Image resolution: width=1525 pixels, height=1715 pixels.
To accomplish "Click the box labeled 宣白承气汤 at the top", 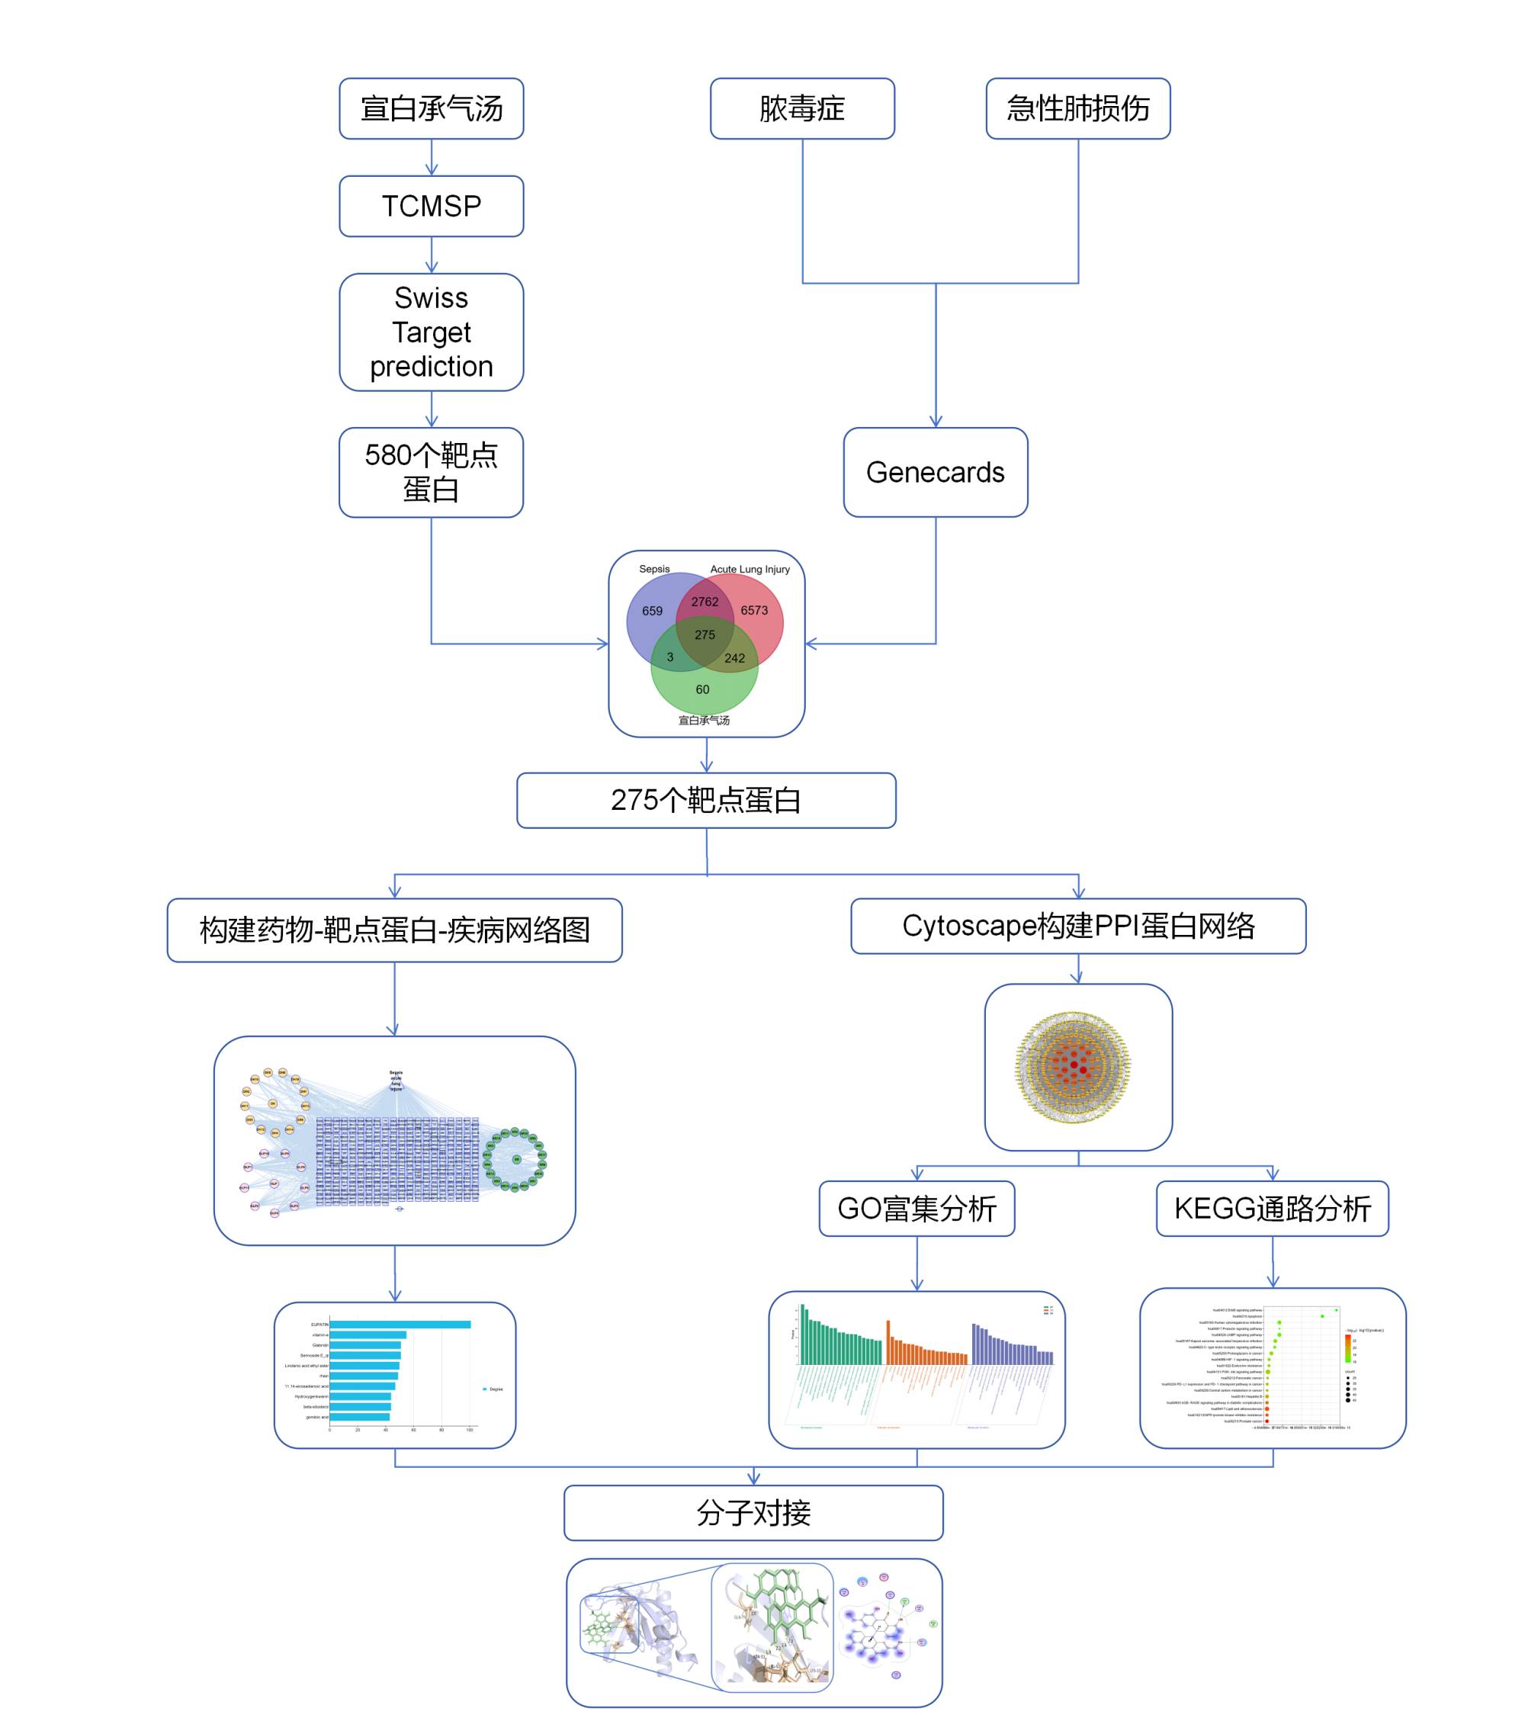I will coord(431,109).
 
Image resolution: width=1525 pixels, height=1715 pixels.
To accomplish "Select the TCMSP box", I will coord(431,207).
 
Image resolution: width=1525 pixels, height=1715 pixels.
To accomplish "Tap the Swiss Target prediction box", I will coord(431,332).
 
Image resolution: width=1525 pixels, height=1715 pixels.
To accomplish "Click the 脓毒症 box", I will coord(802,109).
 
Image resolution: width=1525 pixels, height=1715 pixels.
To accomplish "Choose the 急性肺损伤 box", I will coord(1078,109).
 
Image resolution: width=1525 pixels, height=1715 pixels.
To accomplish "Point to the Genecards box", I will coord(936,472).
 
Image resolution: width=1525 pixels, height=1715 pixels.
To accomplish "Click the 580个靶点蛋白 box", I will coord(431,472).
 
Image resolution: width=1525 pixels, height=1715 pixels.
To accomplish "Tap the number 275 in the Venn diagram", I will coord(705,635).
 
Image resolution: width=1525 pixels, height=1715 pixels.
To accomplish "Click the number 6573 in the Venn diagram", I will coord(754,611).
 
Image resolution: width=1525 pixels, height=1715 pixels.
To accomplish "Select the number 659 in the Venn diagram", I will coord(652,612).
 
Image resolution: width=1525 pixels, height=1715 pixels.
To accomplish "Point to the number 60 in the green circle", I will coord(702,689).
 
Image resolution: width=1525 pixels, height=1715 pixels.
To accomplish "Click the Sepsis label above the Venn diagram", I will coord(654,569).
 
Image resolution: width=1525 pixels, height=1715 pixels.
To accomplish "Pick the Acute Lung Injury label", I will coord(750,569).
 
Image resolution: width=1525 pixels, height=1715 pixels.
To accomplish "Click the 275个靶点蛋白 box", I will coord(705,801).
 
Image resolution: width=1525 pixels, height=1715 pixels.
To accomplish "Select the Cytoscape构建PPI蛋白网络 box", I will coord(1078,927).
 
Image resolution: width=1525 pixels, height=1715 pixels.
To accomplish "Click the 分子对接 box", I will coord(753,1513).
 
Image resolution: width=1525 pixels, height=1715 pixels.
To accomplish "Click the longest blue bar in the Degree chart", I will coord(400,1325).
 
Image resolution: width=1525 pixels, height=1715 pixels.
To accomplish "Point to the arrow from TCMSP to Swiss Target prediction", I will coord(431,255).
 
